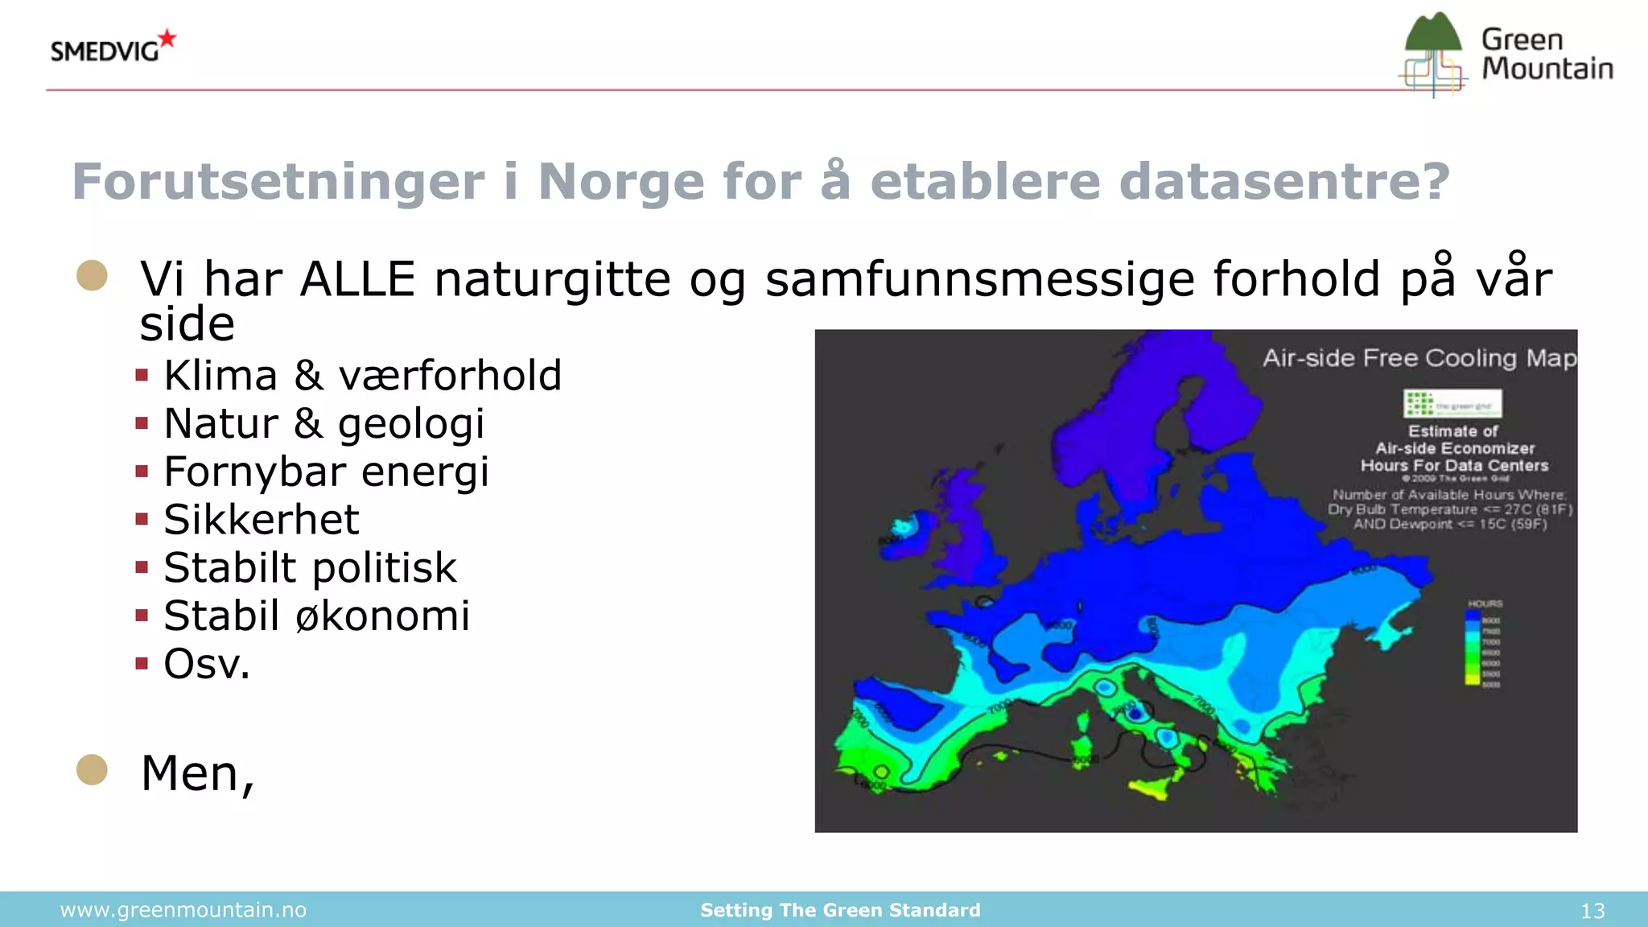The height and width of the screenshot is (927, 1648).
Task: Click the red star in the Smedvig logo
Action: tap(167, 38)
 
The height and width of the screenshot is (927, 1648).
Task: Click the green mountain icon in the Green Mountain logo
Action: tap(1432, 34)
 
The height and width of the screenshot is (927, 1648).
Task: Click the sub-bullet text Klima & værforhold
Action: tap(362, 376)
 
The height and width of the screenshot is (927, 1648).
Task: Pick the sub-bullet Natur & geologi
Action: tap(323, 424)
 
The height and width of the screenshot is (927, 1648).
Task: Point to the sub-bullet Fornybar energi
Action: tap(326, 472)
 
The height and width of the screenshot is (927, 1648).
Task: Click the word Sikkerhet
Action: tap(261, 520)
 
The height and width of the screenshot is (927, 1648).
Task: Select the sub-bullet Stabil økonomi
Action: tap(316, 616)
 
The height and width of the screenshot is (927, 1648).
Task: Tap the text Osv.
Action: tap(207, 665)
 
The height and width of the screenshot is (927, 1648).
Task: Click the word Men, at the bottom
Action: tap(197, 773)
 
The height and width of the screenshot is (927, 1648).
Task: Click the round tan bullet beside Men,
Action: tap(92, 769)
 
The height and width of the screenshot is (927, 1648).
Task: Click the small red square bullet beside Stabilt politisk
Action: tap(142, 567)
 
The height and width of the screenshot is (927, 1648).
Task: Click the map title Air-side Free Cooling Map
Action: tap(1419, 358)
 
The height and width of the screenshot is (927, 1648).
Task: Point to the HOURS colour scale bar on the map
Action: tap(1472, 648)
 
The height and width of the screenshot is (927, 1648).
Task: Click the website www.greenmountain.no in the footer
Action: tap(183, 910)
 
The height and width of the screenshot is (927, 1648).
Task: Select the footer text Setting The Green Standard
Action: tap(840, 910)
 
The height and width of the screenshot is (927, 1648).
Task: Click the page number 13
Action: tap(1592, 911)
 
